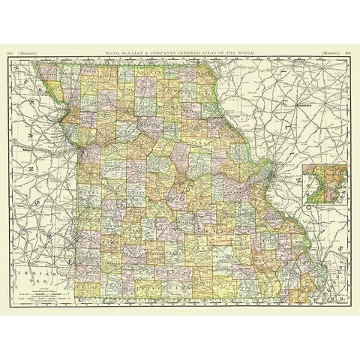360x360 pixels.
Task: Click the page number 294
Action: [10, 53]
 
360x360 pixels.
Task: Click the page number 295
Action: [349, 53]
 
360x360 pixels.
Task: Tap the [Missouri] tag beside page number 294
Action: [31, 53]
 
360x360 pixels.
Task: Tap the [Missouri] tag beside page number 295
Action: [328, 53]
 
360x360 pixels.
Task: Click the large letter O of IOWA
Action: [118, 64]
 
